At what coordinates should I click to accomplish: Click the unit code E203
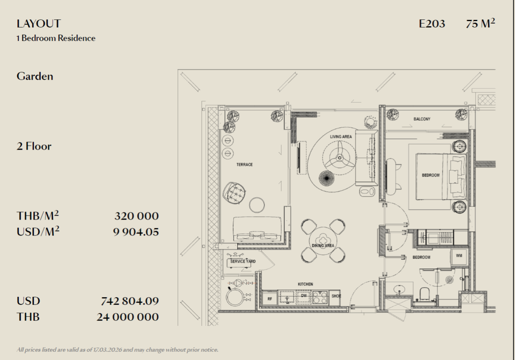pos(432,24)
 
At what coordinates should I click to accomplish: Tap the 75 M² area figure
pos(480,23)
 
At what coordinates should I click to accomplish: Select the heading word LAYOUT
pos(39,23)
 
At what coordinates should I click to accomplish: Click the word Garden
pos(35,76)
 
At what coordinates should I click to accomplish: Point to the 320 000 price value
pos(137,216)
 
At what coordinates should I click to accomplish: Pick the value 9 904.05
pos(136,232)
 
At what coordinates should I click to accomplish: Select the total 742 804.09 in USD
pos(130,301)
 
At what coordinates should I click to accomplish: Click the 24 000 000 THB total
pos(128,317)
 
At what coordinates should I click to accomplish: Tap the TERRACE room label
pos(244,165)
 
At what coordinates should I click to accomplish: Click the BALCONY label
pos(422,119)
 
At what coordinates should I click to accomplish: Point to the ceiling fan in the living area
pos(339,158)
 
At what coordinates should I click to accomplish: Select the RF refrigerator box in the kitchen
pos(270,299)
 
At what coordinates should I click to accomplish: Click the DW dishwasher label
pos(304,296)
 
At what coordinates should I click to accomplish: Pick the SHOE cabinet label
pos(336,296)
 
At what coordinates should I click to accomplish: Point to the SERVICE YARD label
pos(243,261)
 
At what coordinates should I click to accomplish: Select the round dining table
pos(323,241)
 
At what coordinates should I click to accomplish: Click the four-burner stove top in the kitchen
pos(320,298)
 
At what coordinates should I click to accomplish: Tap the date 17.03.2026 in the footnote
pos(107,350)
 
